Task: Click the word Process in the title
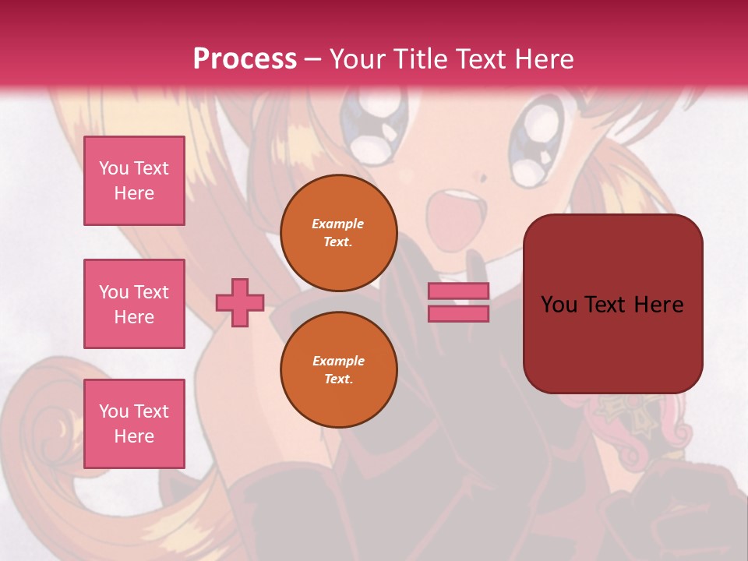click(x=245, y=59)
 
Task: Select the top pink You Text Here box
click(x=134, y=181)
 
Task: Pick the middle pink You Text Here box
click(x=134, y=304)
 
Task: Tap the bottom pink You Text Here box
click(x=134, y=424)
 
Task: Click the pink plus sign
click(x=240, y=302)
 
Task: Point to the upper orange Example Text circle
click(x=338, y=233)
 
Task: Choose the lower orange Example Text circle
click(x=338, y=370)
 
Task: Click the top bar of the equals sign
click(x=459, y=291)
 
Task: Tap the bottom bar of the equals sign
click(x=459, y=314)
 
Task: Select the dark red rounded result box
click(x=612, y=304)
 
